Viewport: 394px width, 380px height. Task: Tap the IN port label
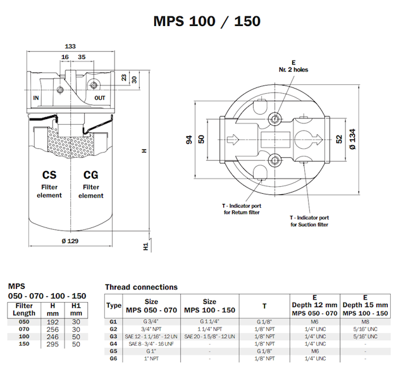[36, 98]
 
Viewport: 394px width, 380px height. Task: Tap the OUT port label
[100, 98]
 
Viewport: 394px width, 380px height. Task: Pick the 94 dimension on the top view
[188, 139]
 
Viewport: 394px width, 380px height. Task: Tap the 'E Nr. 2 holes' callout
[293, 66]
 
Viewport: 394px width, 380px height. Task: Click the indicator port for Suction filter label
[309, 220]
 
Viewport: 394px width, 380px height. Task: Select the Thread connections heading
[141, 287]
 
